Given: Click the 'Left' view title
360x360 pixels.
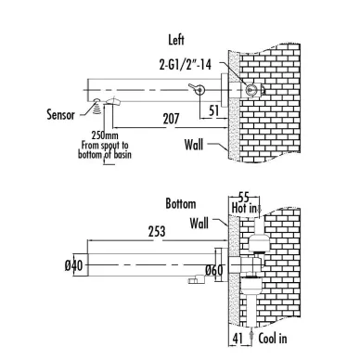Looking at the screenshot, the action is click(x=176, y=40).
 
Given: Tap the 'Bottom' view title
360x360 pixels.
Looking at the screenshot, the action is click(x=181, y=204).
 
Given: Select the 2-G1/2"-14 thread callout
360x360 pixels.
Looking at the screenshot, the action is click(x=186, y=65).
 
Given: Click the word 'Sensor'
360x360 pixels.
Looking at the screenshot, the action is click(x=60, y=114).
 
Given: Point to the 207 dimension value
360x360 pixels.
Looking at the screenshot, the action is click(x=171, y=119).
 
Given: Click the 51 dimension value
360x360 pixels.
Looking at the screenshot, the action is click(x=213, y=110).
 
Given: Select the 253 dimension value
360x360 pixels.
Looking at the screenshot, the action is click(x=157, y=231).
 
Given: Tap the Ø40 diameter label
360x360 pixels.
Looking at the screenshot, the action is click(x=74, y=265).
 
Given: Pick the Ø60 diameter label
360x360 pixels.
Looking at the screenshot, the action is click(x=214, y=270).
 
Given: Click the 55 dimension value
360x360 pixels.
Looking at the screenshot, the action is click(x=244, y=198).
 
